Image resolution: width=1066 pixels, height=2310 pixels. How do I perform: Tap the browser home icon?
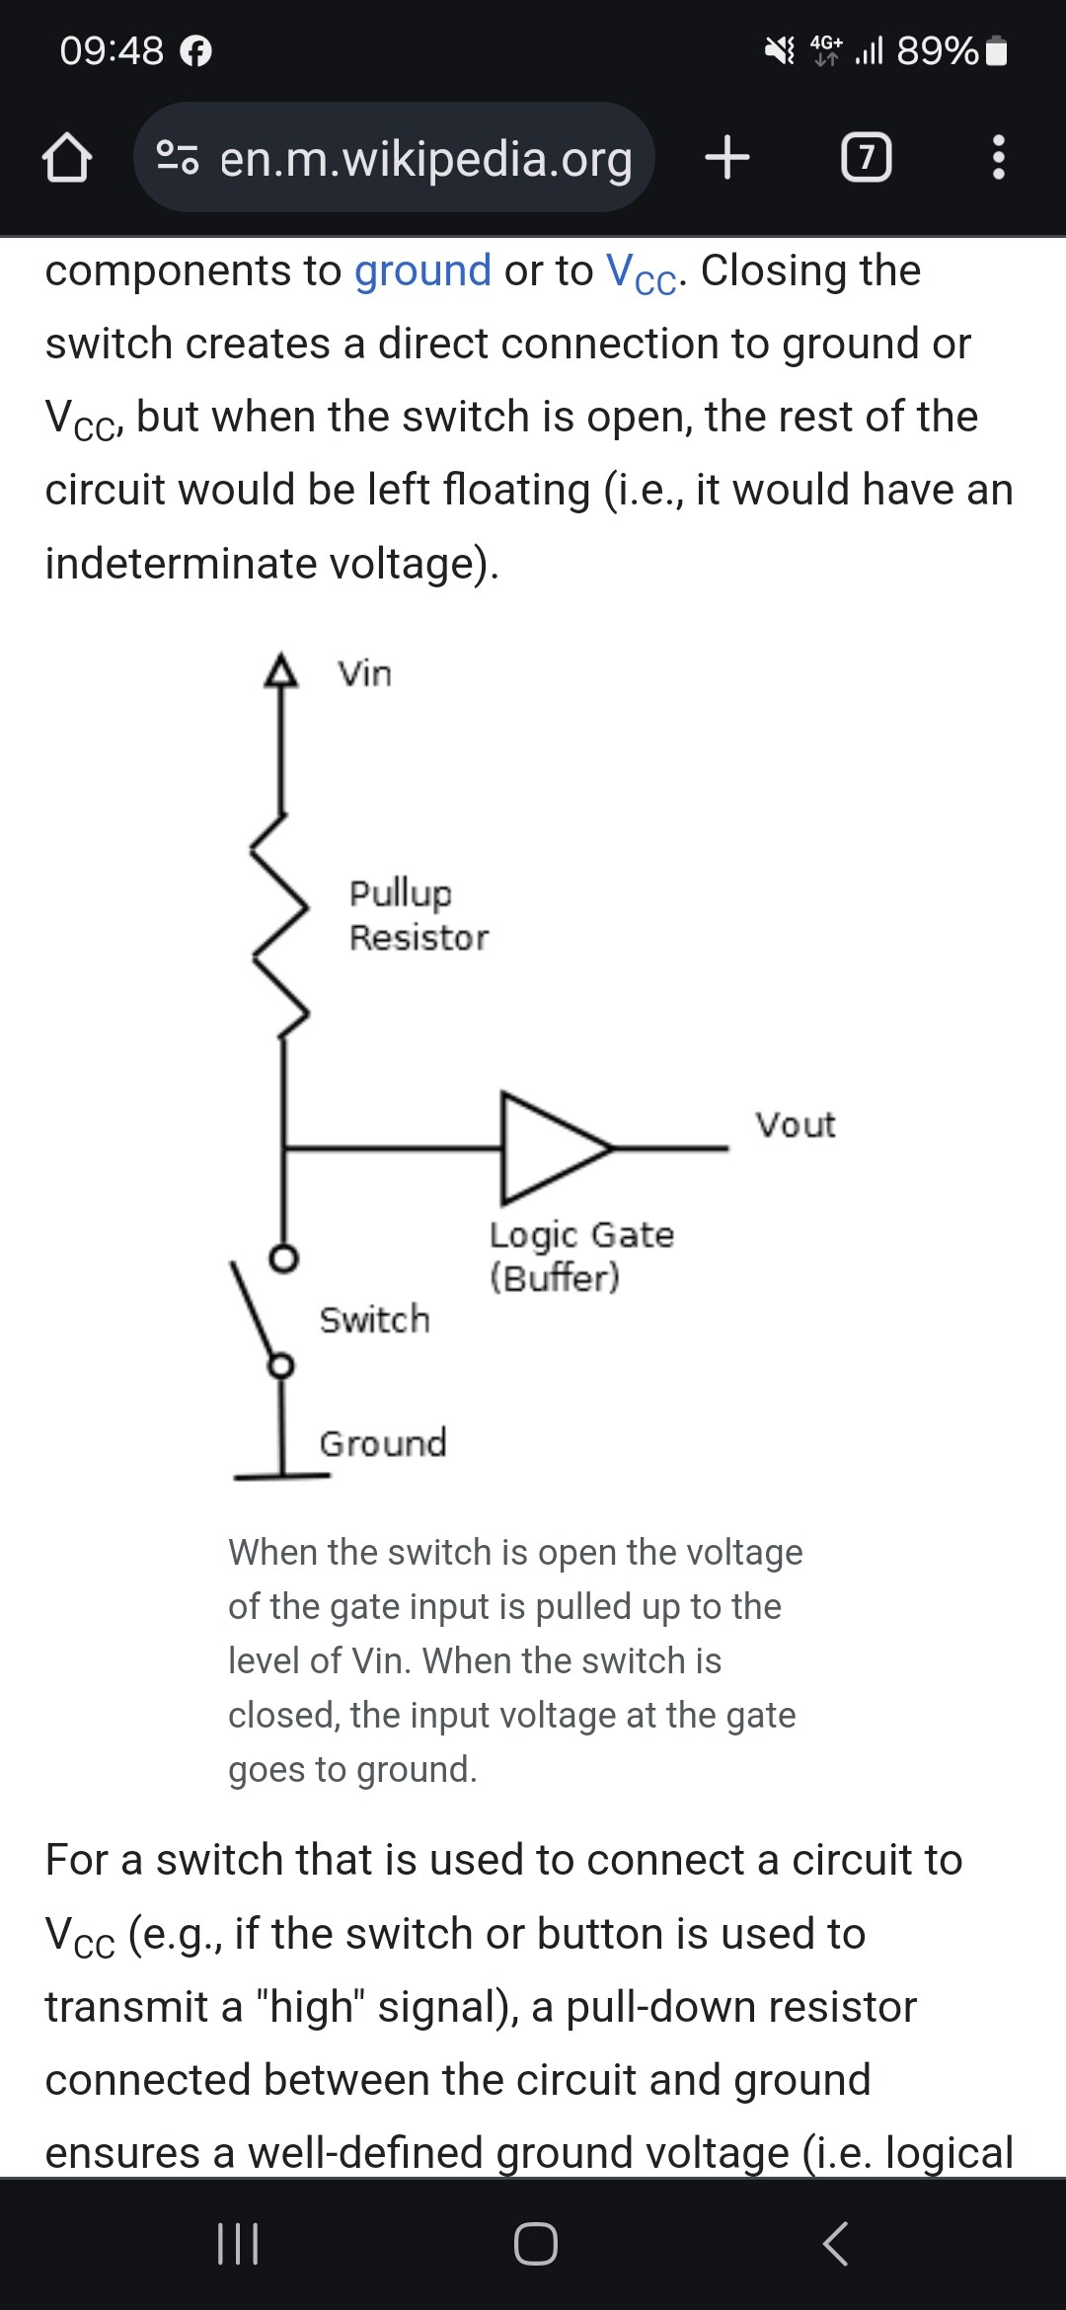click(66, 158)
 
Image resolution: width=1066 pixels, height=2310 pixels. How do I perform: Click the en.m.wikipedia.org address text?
click(425, 158)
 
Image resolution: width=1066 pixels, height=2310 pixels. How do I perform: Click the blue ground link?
click(422, 270)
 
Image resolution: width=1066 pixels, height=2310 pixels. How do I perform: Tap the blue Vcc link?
click(641, 273)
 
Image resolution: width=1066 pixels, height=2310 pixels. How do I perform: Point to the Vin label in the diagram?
click(365, 674)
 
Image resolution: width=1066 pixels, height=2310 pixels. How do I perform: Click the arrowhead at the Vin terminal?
click(281, 670)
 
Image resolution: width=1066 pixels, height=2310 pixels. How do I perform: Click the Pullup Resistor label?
click(419, 915)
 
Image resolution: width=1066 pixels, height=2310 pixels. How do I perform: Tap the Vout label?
click(796, 1124)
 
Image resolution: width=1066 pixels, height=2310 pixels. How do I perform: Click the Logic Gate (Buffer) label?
click(581, 1256)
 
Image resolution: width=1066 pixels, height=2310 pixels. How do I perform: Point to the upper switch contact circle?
click(284, 1259)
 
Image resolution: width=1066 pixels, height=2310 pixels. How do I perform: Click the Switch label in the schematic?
click(375, 1320)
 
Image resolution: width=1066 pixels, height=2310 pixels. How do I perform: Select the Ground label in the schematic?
click(383, 1443)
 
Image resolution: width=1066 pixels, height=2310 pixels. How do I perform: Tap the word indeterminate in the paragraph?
click(180, 564)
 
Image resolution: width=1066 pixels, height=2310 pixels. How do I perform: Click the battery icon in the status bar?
click(997, 50)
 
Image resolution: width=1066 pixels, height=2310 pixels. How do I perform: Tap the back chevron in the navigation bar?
click(835, 2243)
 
